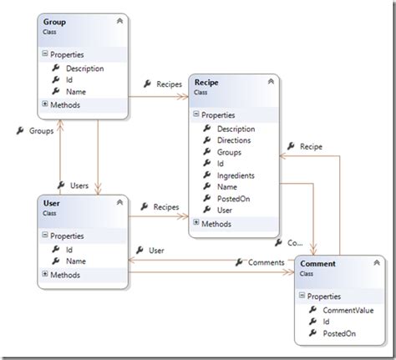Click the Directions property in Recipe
[x=235, y=141]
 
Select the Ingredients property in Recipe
[x=236, y=176]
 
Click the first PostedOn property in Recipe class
[x=233, y=200]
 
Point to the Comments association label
[x=265, y=263]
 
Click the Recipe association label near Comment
[x=310, y=146]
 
